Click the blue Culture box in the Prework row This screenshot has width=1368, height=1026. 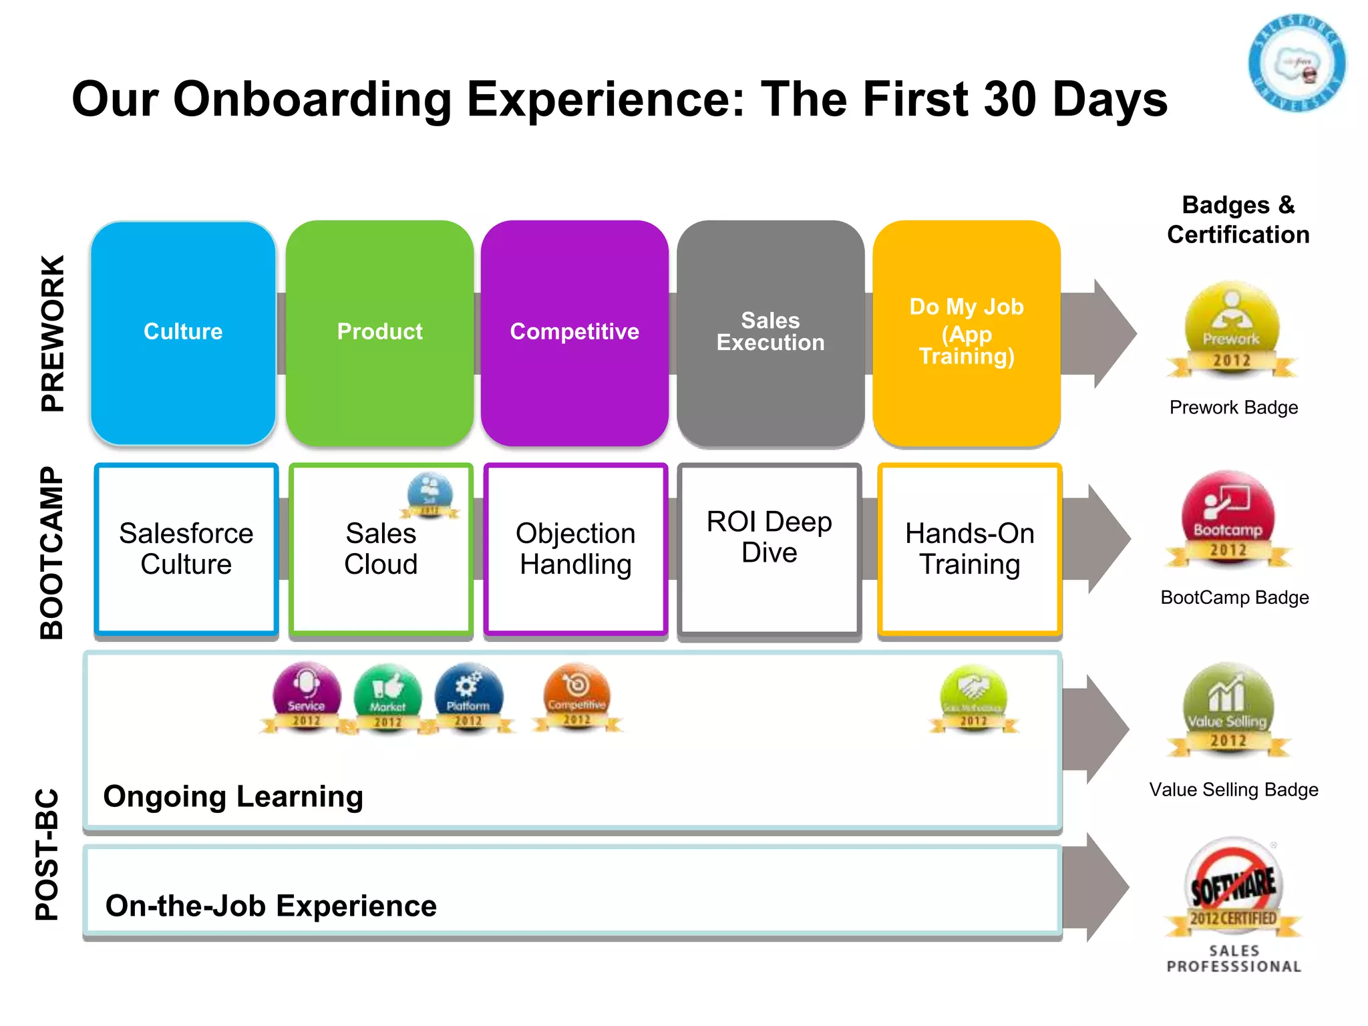(183, 332)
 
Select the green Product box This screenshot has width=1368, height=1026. (379, 332)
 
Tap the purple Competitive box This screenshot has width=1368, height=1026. (574, 332)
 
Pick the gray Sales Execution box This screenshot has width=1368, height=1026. (770, 332)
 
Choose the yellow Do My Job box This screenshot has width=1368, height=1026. (967, 332)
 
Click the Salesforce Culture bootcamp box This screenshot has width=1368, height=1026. (186, 549)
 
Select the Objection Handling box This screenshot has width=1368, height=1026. (575, 549)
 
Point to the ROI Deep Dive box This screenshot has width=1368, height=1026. (769, 549)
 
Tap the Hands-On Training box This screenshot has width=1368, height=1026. (969, 549)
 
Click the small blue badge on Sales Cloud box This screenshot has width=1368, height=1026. (430, 495)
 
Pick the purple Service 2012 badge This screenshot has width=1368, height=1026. (307, 697)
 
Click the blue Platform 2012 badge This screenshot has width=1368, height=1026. (468, 697)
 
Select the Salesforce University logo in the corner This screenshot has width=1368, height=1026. (1297, 63)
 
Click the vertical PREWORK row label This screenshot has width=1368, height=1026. (53, 333)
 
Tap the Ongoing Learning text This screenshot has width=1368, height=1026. (233, 796)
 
